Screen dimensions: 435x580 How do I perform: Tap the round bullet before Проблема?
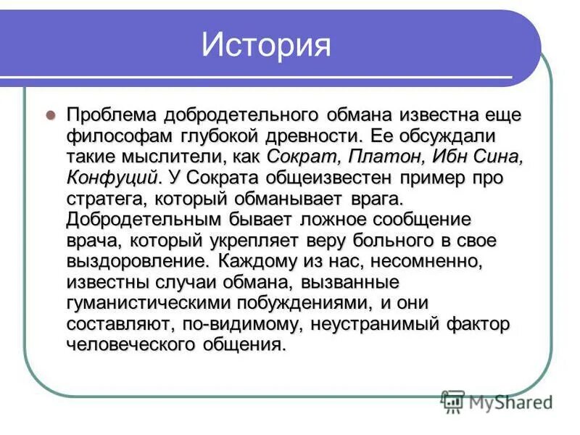(51, 115)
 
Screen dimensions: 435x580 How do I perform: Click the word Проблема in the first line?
(113, 115)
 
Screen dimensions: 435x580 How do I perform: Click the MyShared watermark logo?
(497, 401)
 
